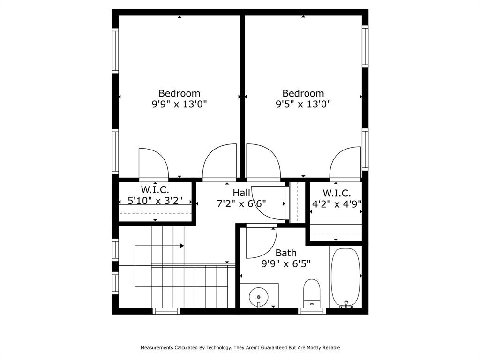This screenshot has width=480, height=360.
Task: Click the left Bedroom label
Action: coord(179,93)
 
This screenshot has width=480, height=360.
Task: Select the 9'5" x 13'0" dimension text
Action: coord(303,104)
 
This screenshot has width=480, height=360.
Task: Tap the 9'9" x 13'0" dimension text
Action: coord(179,104)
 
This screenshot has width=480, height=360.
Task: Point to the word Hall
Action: coord(241,193)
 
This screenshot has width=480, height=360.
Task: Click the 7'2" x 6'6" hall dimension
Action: coord(241,203)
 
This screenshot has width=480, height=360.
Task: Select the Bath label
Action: coord(285,253)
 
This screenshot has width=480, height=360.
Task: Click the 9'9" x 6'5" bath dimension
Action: coord(285,263)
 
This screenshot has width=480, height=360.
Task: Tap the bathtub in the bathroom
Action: coord(345,277)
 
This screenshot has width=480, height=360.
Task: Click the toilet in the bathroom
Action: coord(312,291)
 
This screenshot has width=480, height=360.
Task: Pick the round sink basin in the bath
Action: coord(258,297)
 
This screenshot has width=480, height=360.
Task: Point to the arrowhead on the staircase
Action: coord(181,245)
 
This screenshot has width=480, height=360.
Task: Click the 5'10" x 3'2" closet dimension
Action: coord(155,201)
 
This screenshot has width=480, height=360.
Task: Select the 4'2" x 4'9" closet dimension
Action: coord(337,204)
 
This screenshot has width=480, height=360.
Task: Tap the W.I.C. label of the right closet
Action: coord(337,193)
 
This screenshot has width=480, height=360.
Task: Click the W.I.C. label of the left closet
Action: coord(155,190)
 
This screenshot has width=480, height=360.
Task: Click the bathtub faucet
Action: coord(346,305)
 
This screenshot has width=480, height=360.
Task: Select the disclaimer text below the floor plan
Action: coord(240,348)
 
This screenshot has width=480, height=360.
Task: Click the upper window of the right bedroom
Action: coord(365,46)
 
